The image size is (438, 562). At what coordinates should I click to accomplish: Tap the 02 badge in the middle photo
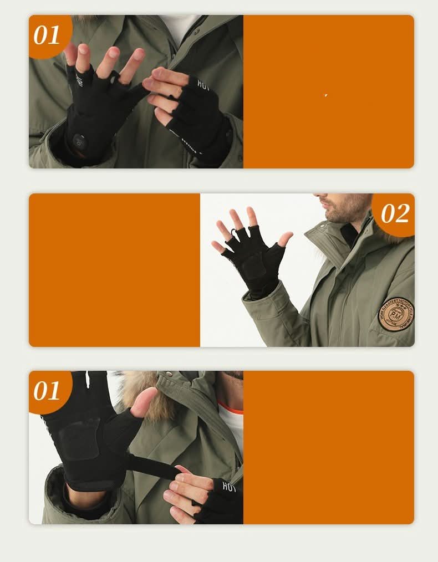pyautogui.click(x=395, y=213)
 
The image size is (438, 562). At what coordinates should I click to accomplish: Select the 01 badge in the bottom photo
pyautogui.click(x=47, y=391)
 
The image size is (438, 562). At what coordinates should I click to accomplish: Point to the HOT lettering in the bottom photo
pyautogui.click(x=228, y=487)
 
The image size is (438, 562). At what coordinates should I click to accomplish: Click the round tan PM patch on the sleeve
pyautogui.click(x=396, y=314)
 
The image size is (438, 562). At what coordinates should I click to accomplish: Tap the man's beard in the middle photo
pyautogui.click(x=347, y=211)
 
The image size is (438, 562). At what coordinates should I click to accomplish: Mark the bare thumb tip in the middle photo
pyautogui.click(x=287, y=238)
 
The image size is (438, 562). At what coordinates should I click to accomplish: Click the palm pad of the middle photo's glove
pyautogui.click(x=253, y=267)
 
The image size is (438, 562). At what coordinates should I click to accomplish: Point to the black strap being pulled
pyautogui.click(x=155, y=468)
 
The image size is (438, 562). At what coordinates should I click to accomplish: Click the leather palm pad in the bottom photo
pyautogui.click(x=80, y=438)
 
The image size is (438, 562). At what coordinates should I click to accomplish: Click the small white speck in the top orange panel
pyautogui.click(x=326, y=95)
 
